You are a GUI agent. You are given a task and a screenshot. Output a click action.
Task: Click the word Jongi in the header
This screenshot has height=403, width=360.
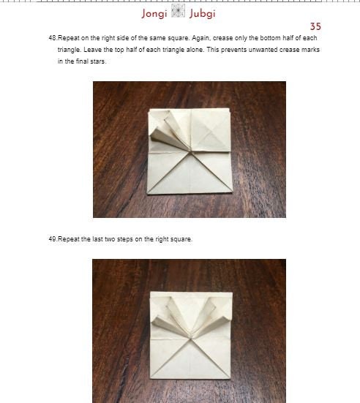[x=154, y=13]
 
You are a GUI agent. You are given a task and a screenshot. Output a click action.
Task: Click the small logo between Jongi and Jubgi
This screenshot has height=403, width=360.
[x=178, y=12]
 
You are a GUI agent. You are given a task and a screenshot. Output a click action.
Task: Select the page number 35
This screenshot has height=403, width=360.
[x=315, y=26]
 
